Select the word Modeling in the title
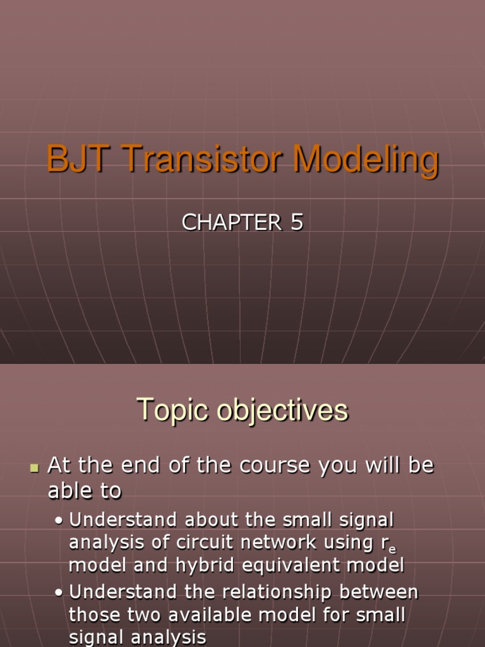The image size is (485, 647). (364, 160)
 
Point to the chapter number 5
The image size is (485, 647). (297, 222)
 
